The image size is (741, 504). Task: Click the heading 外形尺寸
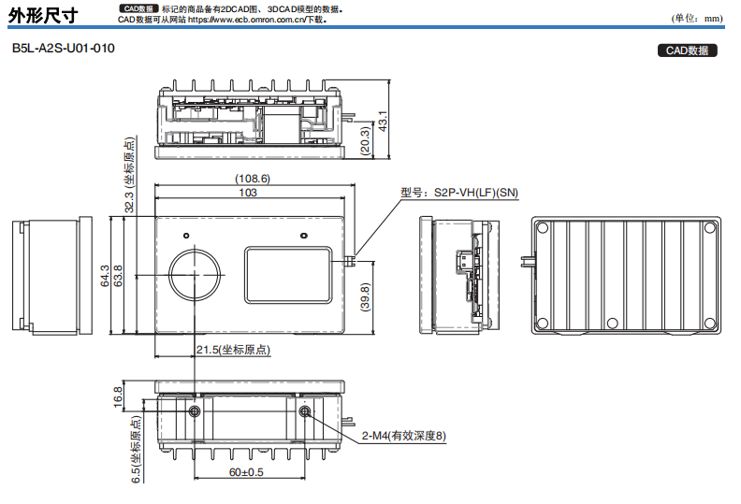click(43, 15)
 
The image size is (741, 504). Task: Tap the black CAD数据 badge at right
click(688, 50)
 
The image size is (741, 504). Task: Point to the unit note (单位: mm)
click(698, 19)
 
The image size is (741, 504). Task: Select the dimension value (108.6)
click(252, 179)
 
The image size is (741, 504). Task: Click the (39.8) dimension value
click(366, 299)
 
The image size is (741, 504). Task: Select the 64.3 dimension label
click(106, 276)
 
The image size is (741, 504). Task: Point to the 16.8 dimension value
click(118, 396)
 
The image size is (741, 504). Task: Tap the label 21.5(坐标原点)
click(233, 351)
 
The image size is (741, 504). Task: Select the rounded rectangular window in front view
click(290, 275)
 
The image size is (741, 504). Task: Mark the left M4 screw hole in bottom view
click(194, 412)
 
